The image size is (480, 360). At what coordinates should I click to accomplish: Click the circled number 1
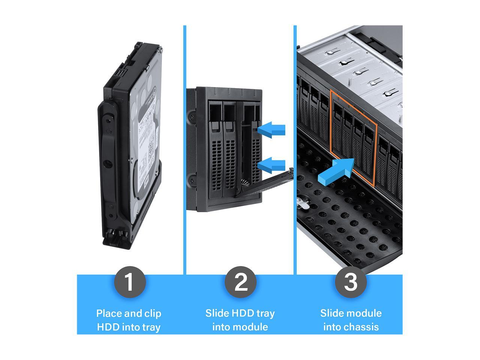click(x=129, y=282)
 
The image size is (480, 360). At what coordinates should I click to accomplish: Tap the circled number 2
click(x=240, y=282)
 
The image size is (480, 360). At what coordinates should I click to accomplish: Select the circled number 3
click(x=351, y=282)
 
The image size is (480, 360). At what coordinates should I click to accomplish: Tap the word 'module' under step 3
click(x=364, y=313)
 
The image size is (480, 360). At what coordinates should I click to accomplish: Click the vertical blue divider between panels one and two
click(x=185, y=150)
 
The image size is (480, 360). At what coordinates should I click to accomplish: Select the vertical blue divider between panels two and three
click(x=295, y=150)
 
